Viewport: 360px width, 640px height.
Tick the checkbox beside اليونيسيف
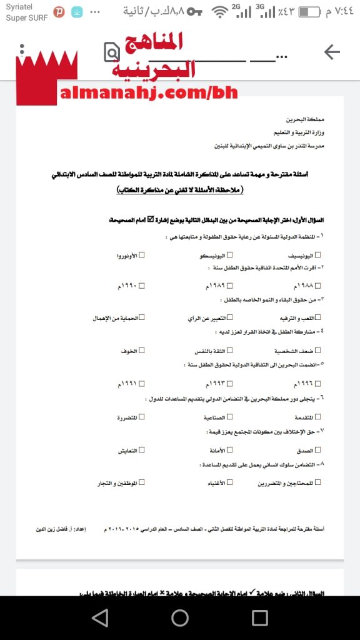[x=318, y=255]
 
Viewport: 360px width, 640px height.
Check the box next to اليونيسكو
[x=230, y=255]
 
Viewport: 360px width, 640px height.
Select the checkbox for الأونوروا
[x=142, y=255]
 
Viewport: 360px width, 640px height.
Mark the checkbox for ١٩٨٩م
[x=230, y=286]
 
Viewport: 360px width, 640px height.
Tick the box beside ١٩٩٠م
[x=142, y=286]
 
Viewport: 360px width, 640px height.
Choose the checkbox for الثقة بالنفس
[x=230, y=351]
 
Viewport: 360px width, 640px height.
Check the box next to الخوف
[x=142, y=351]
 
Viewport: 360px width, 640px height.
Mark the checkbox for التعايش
[x=142, y=449]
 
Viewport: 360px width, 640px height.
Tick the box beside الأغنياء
[x=230, y=482]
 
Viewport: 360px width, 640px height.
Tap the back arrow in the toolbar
[x=332, y=52]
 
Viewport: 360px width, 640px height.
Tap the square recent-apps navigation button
[x=260, y=618]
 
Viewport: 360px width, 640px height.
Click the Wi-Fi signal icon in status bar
[x=220, y=12]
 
